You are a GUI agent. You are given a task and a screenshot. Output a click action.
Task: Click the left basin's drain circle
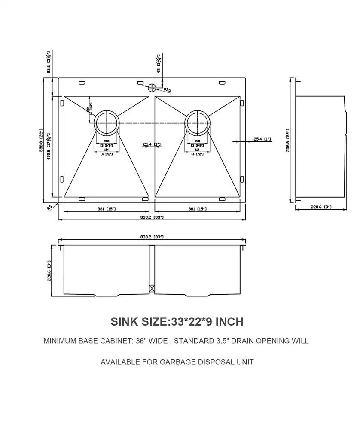pyautogui.click(x=106, y=123)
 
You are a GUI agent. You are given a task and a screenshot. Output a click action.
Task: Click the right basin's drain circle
pyautogui.click(x=198, y=123)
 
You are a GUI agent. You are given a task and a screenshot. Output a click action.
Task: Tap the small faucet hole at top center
pyautogui.click(x=152, y=88)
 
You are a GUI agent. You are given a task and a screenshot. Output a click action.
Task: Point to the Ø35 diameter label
pyautogui.click(x=167, y=90)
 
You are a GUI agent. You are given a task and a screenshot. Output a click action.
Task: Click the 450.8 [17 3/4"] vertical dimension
pyautogui.click(x=49, y=146)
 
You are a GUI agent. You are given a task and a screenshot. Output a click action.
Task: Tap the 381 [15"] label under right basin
pyautogui.click(x=197, y=209)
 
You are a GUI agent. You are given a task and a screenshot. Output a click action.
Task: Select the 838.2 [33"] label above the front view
pyautogui.click(x=152, y=237)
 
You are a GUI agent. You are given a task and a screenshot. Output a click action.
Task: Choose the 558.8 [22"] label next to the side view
pyautogui.click(x=287, y=140)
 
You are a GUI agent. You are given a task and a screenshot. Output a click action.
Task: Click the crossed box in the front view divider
pyautogui.click(x=151, y=289)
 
